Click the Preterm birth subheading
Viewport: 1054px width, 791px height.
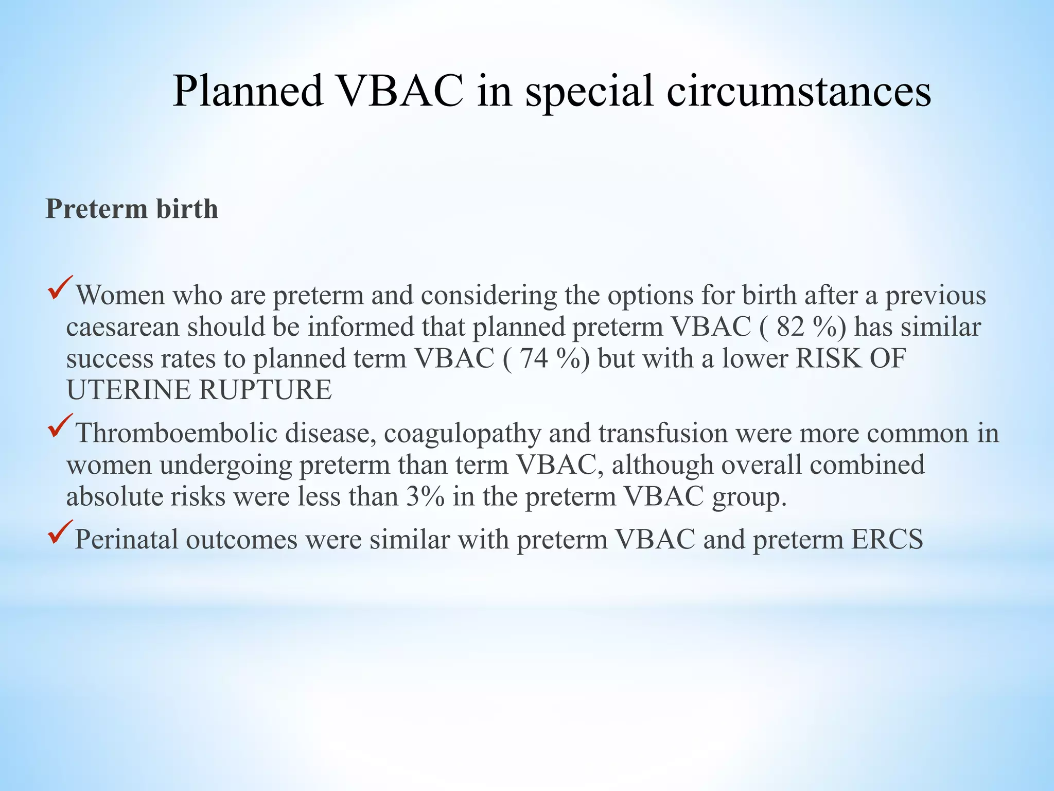pos(132,209)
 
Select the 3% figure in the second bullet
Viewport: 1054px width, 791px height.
pos(425,496)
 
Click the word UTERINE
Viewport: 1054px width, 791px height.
pos(129,390)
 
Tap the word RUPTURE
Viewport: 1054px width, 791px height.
pos(266,390)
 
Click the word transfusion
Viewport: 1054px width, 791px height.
pos(663,433)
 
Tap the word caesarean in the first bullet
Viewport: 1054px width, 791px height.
pos(122,328)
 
